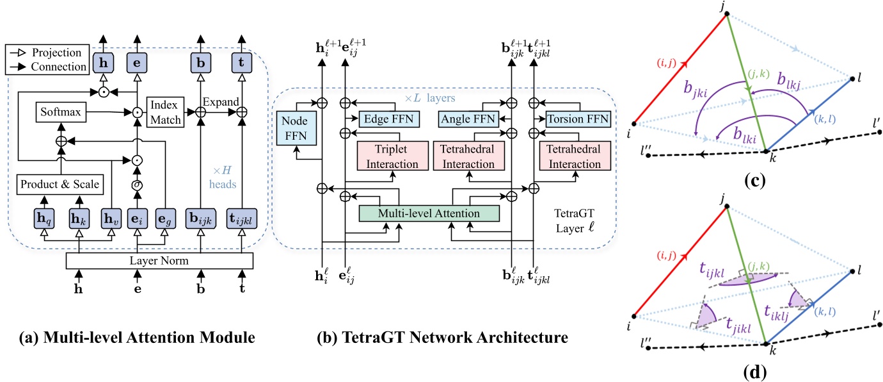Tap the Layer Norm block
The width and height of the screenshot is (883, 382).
tap(159, 262)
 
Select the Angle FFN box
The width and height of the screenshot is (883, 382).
tap(468, 119)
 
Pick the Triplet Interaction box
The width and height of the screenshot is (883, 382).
tap(388, 157)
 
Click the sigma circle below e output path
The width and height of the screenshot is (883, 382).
tap(136, 185)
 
